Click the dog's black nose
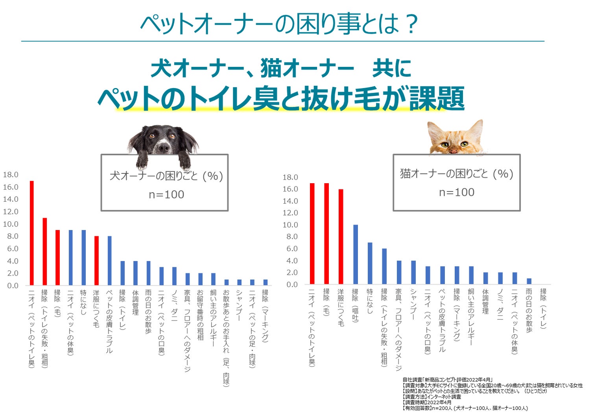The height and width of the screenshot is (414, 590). pyautogui.click(x=162, y=148)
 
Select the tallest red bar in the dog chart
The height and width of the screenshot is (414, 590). pyautogui.click(x=32, y=233)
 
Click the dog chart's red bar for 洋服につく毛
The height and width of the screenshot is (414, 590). pyautogui.click(x=96, y=260)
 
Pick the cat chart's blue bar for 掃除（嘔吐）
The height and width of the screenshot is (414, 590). pyautogui.click(x=356, y=254)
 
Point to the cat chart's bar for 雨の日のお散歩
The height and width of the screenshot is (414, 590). pyautogui.click(x=529, y=281)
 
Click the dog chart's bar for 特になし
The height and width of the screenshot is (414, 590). pyautogui.click(x=83, y=257)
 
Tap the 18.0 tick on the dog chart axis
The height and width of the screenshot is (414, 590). pyautogui.click(x=11, y=175)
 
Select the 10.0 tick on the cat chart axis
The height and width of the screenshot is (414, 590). pyautogui.click(x=290, y=225)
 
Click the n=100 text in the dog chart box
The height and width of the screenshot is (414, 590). pyautogui.click(x=166, y=194)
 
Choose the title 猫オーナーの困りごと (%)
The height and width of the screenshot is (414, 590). pyautogui.click(x=457, y=173)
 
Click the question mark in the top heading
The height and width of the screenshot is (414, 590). pyautogui.click(x=411, y=24)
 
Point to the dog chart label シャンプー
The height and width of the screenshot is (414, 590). pyautogui.click(x=239, y=305)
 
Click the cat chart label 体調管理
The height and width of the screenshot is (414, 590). pyautogui.click(x=485, y=301)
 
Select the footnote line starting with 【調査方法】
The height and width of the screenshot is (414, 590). pyautogui.click(x=431, y=397)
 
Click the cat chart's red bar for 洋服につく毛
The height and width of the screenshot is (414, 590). pyautogui.click(x=341, y=236)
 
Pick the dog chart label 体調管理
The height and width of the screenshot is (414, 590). pyautogui.click(x=135, y=302)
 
